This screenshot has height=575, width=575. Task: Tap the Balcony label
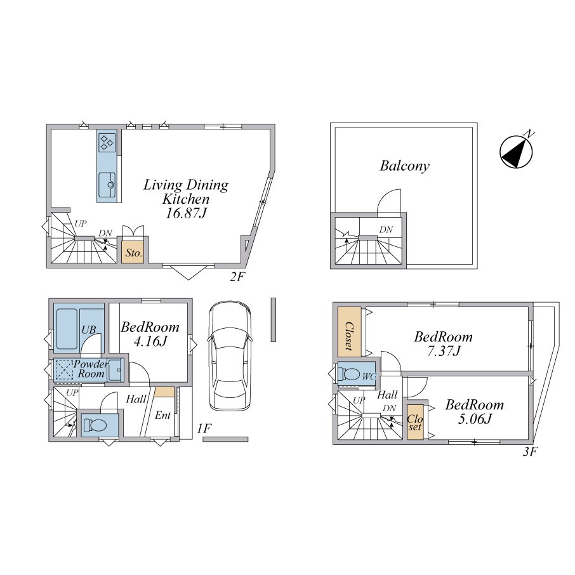tap(404, 166)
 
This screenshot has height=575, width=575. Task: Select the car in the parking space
tap(230, 355)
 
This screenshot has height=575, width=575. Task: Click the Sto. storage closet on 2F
tap(133, 252)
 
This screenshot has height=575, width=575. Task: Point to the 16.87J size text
tap(187, 213)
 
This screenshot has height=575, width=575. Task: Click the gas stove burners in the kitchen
tap(107, 142)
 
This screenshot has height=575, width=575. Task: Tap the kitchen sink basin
tap(107, 185)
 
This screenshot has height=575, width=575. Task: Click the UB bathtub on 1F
tap(67, 329)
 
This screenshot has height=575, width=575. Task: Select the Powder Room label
tap(91, 369)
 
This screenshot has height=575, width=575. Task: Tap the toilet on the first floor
tap(95, 425)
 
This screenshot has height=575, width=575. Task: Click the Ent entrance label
tap(162, 415)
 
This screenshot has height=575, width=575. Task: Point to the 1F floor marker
tap(204, 428)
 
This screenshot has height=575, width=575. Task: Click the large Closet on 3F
tap(349, 331)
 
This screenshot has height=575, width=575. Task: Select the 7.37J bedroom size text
tap(444, 351)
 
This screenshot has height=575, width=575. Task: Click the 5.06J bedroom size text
tap(475, 419)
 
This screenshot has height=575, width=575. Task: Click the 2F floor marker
tap(237, 277)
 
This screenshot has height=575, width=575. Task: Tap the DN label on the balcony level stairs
tap(386, 230)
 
